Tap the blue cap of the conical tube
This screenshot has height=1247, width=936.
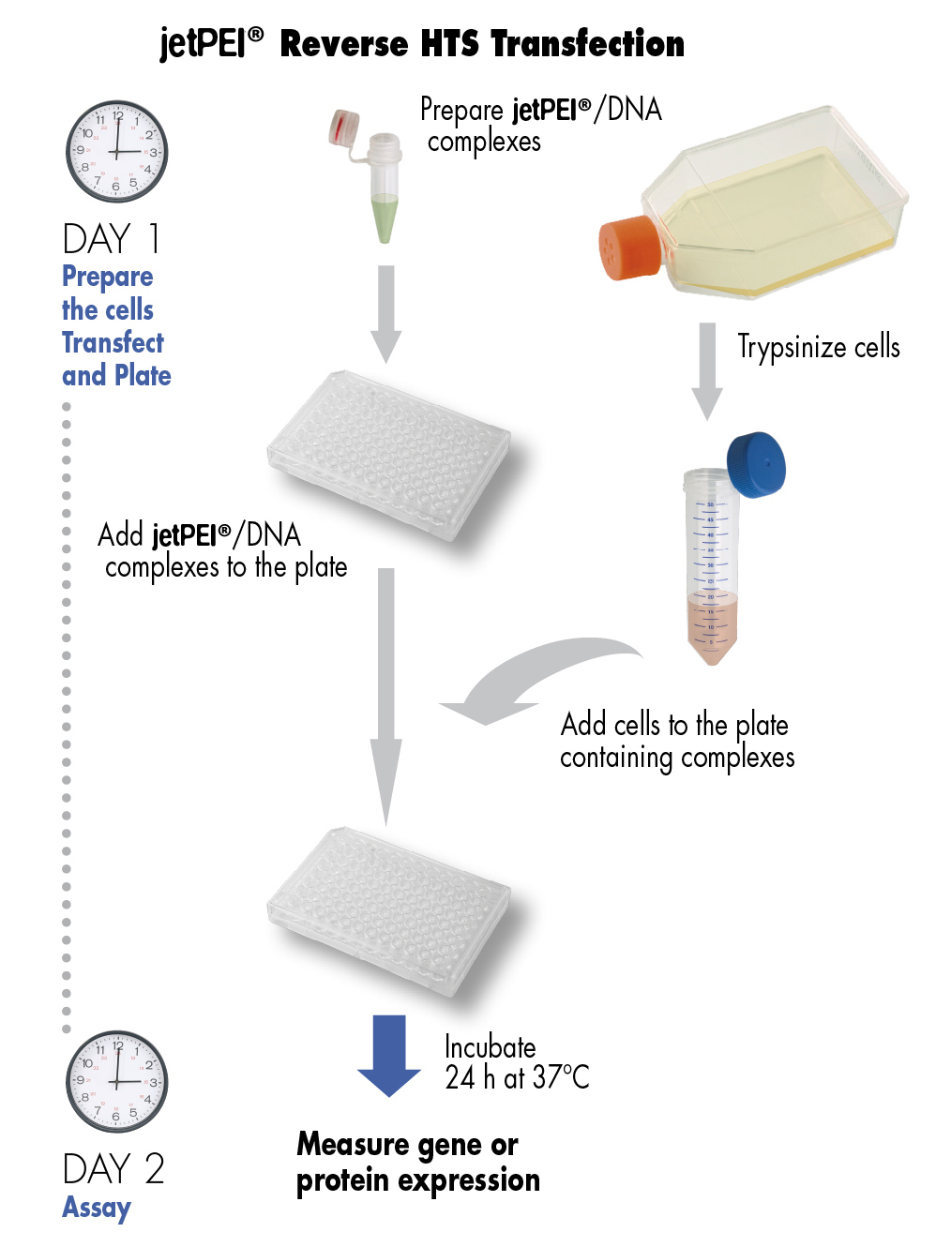pos(757,465)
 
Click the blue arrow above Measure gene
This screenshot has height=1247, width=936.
pos(388,1056)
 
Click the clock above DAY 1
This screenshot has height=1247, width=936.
pos(116,152)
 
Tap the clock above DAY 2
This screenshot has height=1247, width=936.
pos(116,1081)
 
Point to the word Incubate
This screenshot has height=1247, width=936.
pos(490,1047)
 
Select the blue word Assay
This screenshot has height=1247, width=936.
pos(97,1208)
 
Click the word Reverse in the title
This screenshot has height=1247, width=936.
pos(344,44)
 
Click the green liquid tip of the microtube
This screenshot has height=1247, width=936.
pos(385,219)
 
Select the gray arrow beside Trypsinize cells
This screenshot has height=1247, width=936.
pos(707,371)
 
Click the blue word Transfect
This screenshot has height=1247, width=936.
pos(113,343)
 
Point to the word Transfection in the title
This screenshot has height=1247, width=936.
pos(588,44)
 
